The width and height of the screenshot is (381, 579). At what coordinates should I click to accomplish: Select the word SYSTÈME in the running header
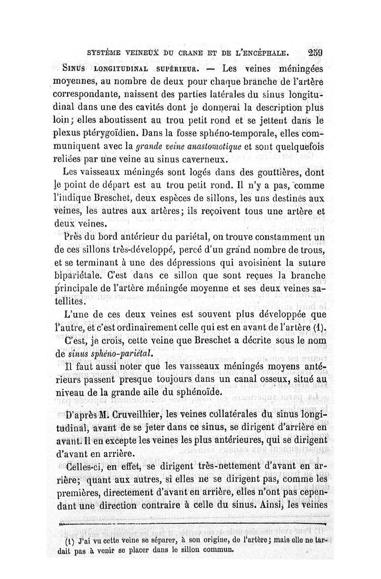102,53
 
